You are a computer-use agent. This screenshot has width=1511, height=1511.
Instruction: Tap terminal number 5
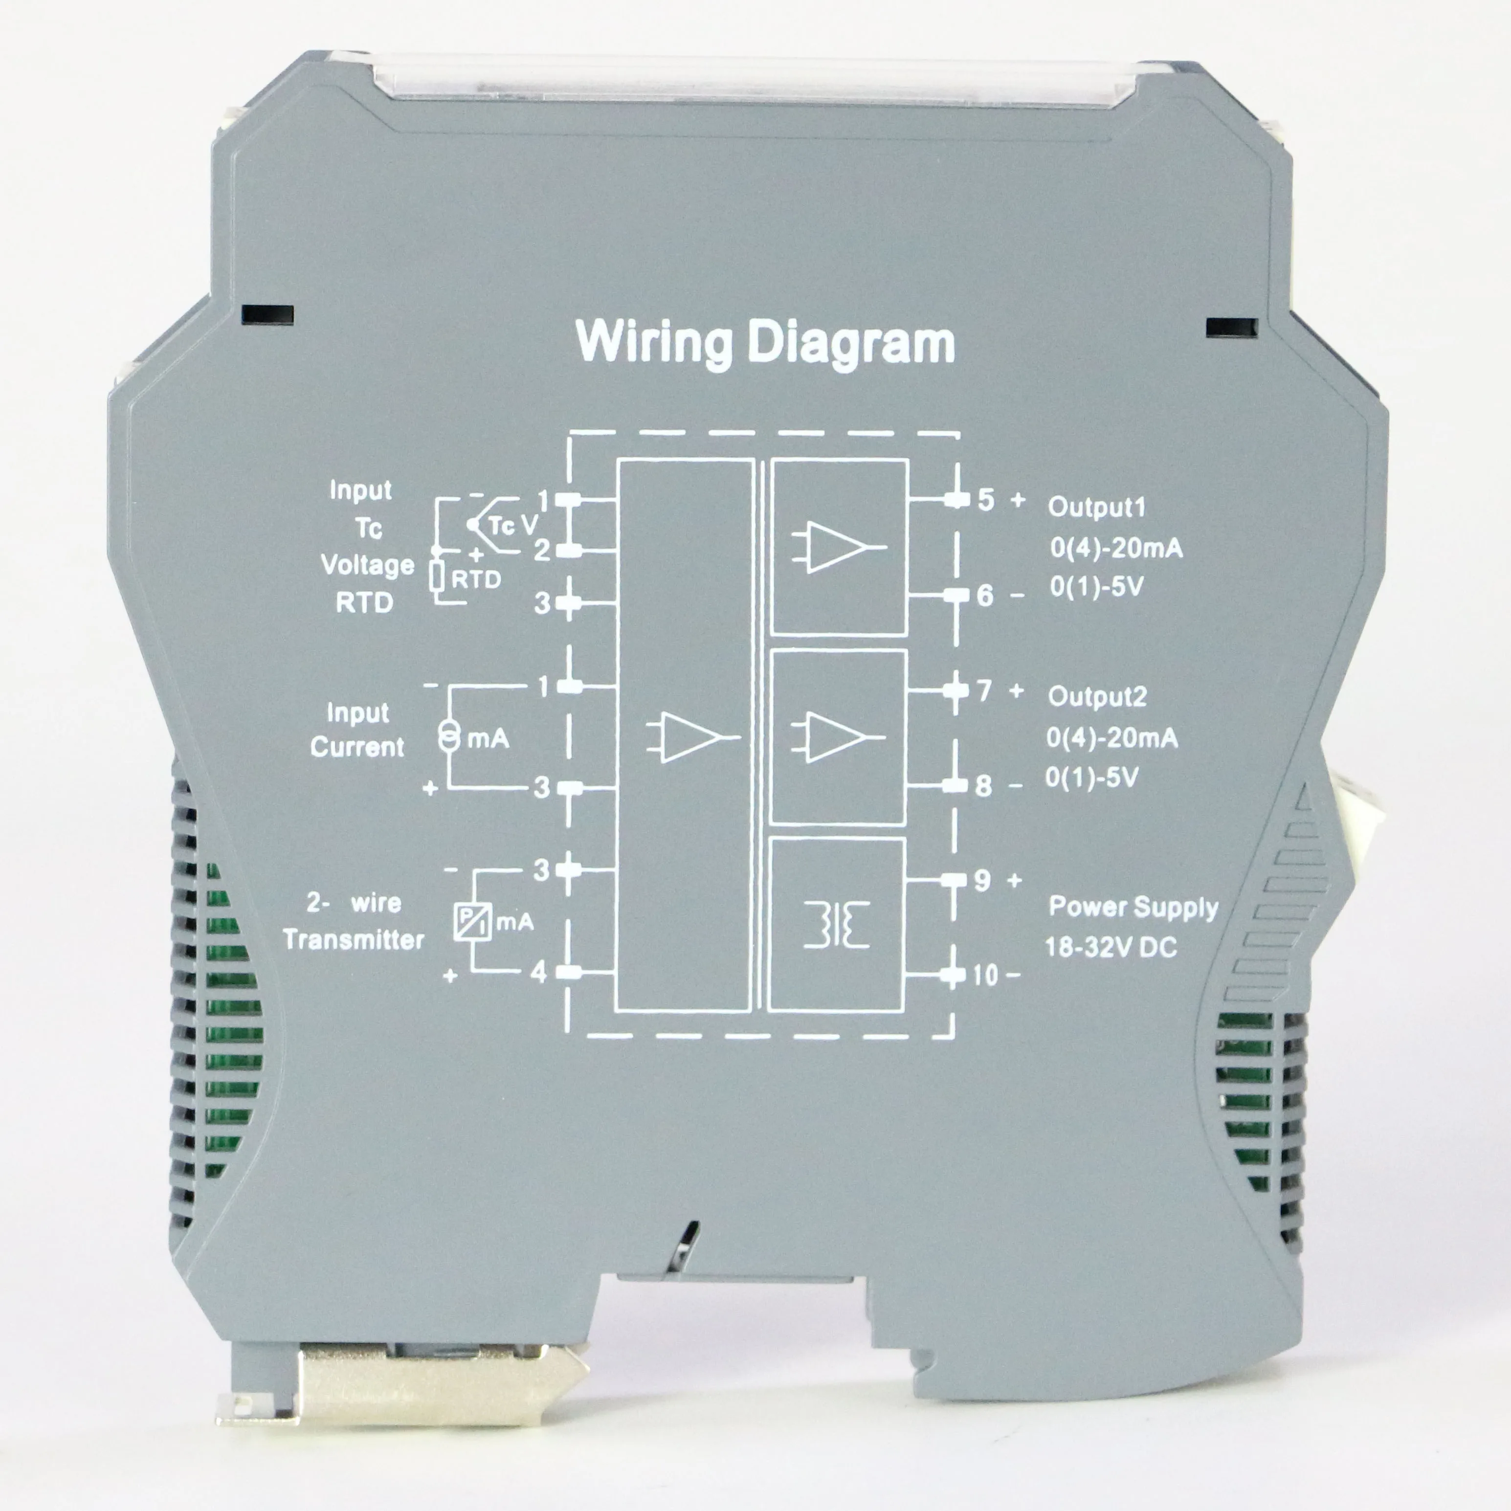point(985,500)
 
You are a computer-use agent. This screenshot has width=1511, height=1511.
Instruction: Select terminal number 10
point(985,975)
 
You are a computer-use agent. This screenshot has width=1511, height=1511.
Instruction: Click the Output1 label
point(1096,507)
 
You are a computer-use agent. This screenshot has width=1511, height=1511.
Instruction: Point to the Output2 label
point(1096,696)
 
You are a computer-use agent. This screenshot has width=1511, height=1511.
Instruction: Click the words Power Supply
point(1133,907)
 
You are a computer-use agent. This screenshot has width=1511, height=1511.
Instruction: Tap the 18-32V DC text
point(1111,948)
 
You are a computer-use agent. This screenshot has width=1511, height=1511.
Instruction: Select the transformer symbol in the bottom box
point(836,925)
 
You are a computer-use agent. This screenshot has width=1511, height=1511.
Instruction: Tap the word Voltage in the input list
point(368,565)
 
